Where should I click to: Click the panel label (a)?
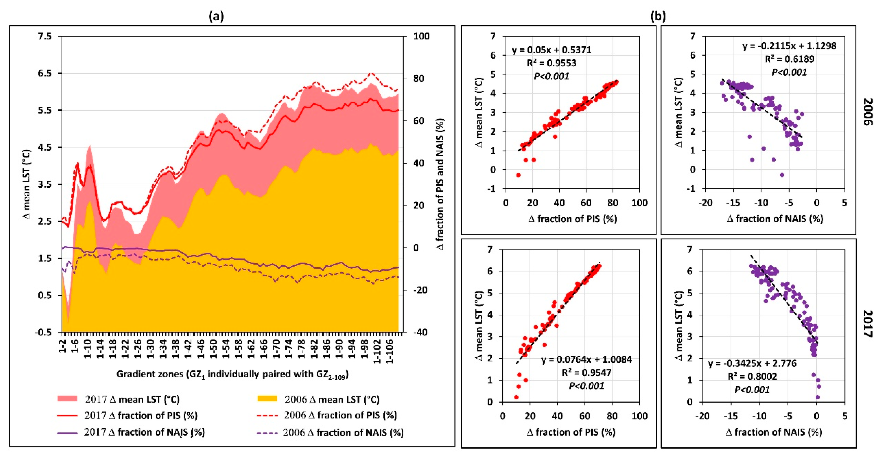pos(216,16)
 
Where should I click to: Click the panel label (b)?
pos(658,16)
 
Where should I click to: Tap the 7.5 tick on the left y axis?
pos(45,36)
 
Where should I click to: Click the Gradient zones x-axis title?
pos(232,374)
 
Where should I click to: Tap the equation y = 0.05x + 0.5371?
pos(551,50)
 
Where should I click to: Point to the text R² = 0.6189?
pos(789,59)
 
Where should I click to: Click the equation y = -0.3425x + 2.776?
pos(752,363)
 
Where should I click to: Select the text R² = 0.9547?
pos(586,372)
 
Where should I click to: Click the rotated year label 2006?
pos(868,112)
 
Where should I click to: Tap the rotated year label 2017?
pos(868,324)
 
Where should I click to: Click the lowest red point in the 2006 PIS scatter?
pos(518,175)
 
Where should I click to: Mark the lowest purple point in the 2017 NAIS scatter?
pos(817,397)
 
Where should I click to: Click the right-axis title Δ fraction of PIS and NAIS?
pos(441,185)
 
